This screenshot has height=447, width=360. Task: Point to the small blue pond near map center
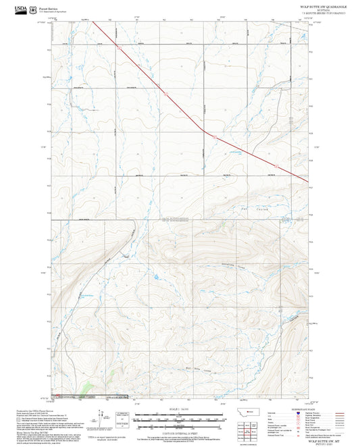click(x=156, y=277)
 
